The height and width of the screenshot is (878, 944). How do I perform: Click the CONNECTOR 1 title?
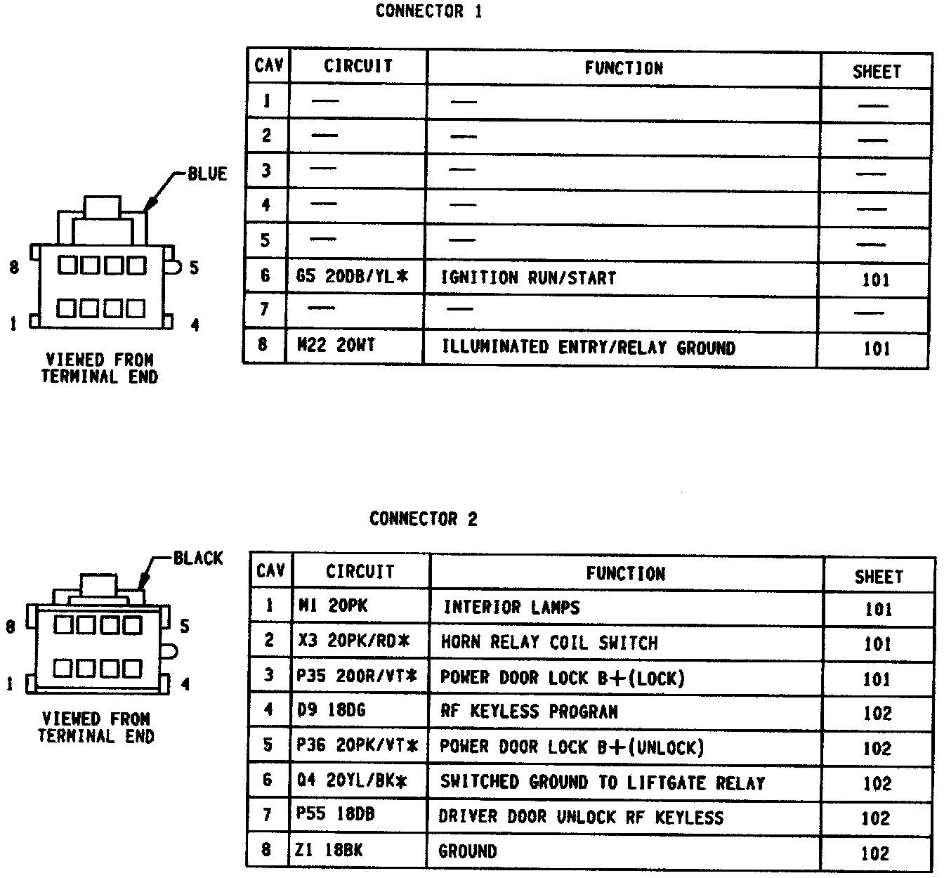428,11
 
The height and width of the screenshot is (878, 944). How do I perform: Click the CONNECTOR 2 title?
423,519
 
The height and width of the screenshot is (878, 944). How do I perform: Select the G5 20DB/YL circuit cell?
352,276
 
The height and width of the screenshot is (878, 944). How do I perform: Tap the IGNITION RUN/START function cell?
528,278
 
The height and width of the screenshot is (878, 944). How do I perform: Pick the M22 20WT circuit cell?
336,345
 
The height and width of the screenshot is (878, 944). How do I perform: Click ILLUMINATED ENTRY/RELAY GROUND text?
588,348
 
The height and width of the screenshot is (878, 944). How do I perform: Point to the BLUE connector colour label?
207,173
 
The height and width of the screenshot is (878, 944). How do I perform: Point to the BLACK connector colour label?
198,558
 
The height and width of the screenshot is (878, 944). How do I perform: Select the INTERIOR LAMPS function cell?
511,607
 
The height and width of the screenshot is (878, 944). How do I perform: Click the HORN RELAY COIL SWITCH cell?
549,643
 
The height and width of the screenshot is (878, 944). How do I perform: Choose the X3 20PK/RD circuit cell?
353,641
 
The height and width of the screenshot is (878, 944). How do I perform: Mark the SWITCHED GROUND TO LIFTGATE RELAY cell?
602,782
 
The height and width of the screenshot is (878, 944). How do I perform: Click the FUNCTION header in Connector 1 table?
624,68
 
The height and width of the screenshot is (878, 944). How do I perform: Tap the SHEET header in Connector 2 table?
878,577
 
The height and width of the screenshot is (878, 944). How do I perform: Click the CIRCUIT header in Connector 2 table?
360,571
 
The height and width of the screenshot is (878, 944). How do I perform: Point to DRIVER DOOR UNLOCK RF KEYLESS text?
581,817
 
